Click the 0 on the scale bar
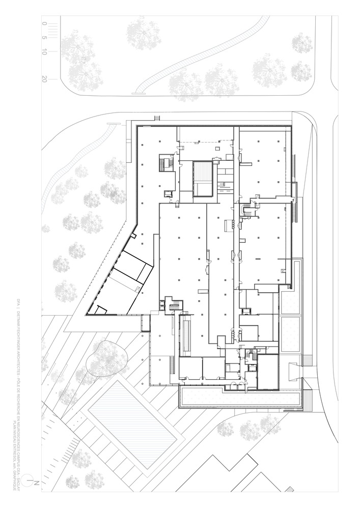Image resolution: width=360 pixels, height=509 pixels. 45,23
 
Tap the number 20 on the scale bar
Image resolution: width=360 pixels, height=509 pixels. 45,79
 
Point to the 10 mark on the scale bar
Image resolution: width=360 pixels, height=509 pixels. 45,52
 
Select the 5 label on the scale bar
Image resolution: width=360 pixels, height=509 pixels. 45,38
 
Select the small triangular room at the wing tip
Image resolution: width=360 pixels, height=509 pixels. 100,309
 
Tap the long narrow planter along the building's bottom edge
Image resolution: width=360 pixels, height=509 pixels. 239,400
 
